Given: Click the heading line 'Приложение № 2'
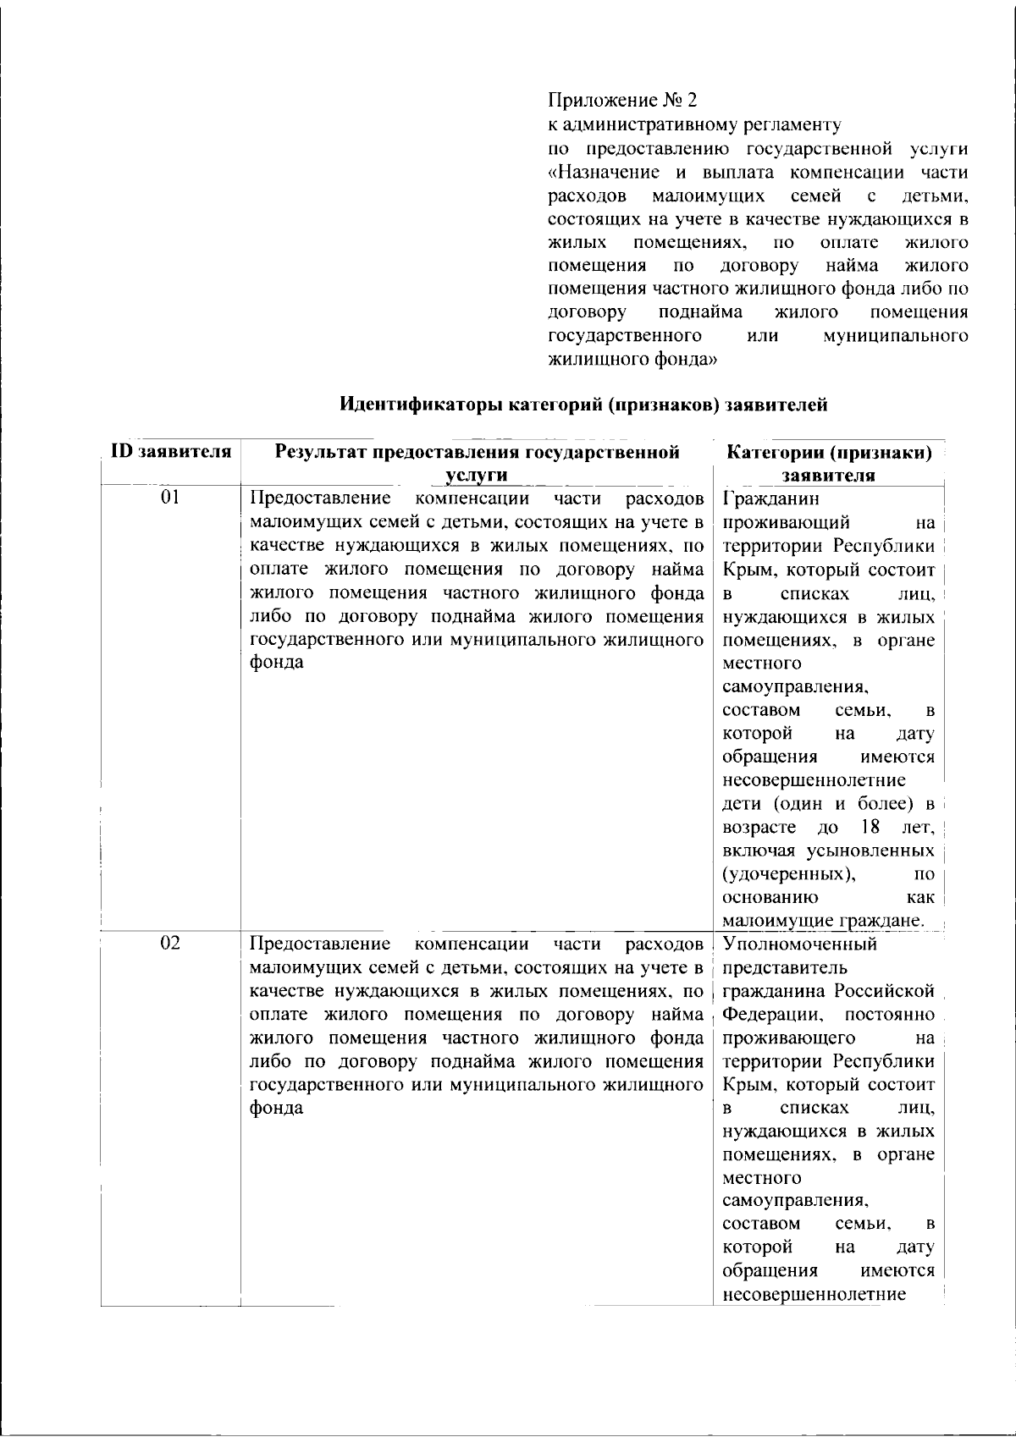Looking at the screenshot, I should (x=622, y=101).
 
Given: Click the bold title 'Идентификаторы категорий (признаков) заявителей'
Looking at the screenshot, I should (x=583, y=405).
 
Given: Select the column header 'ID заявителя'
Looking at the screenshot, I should (x=172, y=452).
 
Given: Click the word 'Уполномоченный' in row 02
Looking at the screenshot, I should (x=800, y=944).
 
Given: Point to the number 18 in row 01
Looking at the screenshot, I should (x=870, y=826).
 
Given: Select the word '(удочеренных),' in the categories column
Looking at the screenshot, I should (x=789, y=873).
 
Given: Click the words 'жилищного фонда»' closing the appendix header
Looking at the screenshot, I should (x=632, y=360).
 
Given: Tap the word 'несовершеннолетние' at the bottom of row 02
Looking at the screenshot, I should (x=814, y=1294).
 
